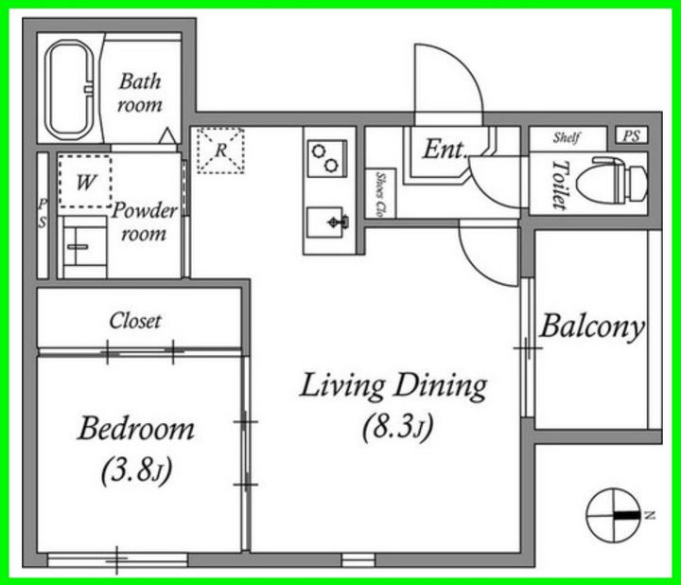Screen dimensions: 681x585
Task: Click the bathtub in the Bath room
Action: pyautogui.click(x=69, y=90)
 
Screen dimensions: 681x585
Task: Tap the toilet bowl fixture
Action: pyautogui.click(x=612, y=182)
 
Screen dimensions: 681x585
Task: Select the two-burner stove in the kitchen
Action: pyautogui.click(x=326, y=158)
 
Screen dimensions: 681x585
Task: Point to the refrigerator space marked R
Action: pyautogui.click(x=220, y=151)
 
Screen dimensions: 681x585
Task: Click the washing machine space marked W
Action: pyautogui.click(x=85, y=181)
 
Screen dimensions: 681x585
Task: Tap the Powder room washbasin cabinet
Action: pyautogui.click(x=82, y=247)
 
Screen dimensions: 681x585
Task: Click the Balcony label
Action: pyautogui.click(x=592, y=327)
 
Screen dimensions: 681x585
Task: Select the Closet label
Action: pyautogui.click(x=135, y=321)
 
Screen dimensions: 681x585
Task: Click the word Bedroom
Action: pyautogui.click(x=136, y=429)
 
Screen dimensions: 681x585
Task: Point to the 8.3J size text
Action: pyautogui.click(x=398, y=426)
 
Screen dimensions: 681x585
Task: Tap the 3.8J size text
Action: pyautogui.click(x=136, y=470)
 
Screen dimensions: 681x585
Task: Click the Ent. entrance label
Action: pyautogui.click(x=445, y=149)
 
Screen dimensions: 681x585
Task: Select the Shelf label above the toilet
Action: pyautogui.click(x=567, y=138)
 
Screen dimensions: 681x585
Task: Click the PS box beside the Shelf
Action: pyautogui.click(x=632, y=135)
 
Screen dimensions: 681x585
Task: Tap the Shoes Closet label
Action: pyautogui.click(x=381, y=195)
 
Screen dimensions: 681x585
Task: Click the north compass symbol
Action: pyautogui.click(x=614, y=516)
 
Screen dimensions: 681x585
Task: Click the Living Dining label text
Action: pyautogui.click(x=393, y=386)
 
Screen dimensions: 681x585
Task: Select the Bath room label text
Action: pyautogui.click(x=140, y=93)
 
